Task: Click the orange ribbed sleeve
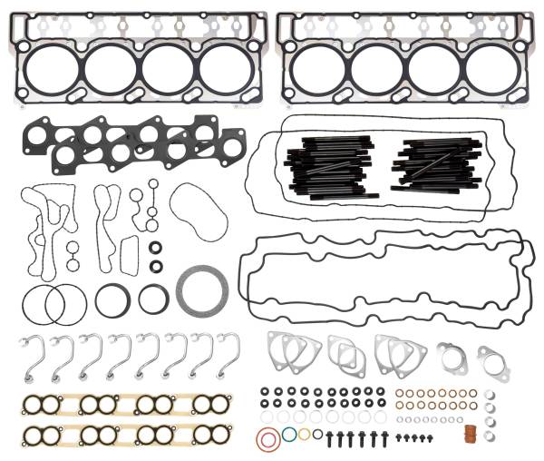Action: coord(469,433)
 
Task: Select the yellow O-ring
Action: coord(305,434)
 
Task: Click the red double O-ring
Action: coord(267,441)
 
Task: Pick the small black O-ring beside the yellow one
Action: coord(316,434)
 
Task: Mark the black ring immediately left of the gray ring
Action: coord(153,298)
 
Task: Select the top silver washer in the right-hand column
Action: coord(490,395)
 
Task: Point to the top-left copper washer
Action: coord(400,394)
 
